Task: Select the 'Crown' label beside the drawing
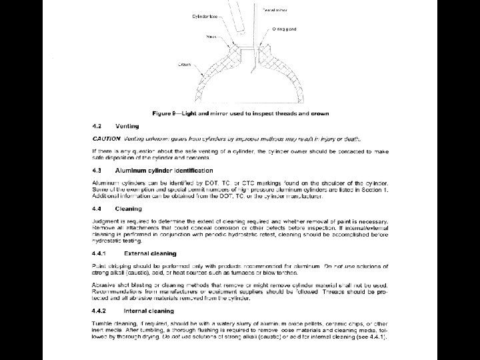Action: point(184,65)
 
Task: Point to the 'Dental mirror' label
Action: point(275,9)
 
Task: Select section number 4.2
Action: point(97,126)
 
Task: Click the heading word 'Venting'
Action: point(127,126)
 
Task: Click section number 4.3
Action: point(97,171)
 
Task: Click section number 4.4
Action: point(97,209)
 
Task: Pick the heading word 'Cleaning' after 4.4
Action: point(128,209)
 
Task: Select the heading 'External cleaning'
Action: point(150,253)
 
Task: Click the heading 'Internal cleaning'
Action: point(149,311)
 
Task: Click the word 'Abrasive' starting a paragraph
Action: point(104,285)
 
